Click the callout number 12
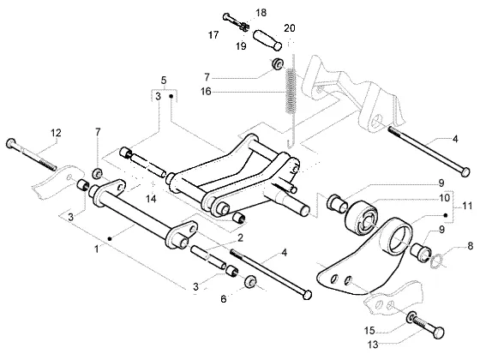(x=56, y=133)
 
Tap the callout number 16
(x=206, y=91)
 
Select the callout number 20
(x=290, y=28)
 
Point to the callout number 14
(x=151, y=199)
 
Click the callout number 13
(x=373, y=345)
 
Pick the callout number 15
(x=369, y=331)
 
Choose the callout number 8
(x=471, y=246)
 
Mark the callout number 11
(x=467, y=206)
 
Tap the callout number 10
(x=445, y=198)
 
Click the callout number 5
(x=164, y=81)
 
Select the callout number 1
(x=96, y=249)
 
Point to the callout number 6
(x=224, y=299)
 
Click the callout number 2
(x=240, y=237)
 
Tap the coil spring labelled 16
(x=291, y=91)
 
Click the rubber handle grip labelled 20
(x=267, y=40)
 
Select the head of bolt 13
(x=439, y=333)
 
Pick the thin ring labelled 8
(x=435, y=261)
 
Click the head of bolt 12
(x=11, y=143)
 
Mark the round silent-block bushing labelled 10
(x=361, y=218)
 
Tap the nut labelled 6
(x=250, y=281)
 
